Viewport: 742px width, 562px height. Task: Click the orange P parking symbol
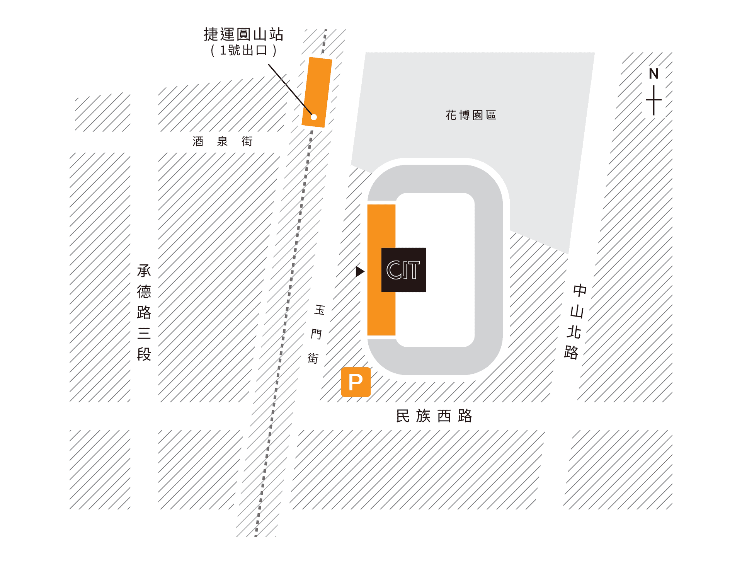tap(356, 382)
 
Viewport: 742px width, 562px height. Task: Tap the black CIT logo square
tap(403, 270)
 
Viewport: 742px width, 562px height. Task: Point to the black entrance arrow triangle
tap(359, 271)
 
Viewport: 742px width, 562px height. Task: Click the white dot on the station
tap(314, 117)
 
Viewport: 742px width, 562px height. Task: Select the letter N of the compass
tap(654, 74)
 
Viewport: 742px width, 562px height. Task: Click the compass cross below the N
tap(654, 100)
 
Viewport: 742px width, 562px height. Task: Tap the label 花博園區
tap(471, 115)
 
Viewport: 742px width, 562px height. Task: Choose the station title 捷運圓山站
tap(243, 34)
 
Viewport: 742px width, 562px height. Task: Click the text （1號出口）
tap(243, 51)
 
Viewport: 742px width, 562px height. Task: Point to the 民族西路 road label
tap(434, 416)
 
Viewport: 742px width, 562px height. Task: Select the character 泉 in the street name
tap(222, 141)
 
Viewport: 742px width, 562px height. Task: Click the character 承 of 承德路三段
tap(144, 271)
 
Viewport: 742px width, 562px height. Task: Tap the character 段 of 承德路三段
tap(144, 354)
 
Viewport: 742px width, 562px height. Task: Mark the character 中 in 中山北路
tap(580, 290)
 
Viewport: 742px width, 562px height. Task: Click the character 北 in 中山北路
tap(574, 332)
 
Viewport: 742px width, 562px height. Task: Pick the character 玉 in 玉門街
tap(320, 310)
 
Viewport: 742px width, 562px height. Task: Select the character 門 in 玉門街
tap(316, 334)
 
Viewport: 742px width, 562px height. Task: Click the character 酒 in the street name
tap(198, 141)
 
